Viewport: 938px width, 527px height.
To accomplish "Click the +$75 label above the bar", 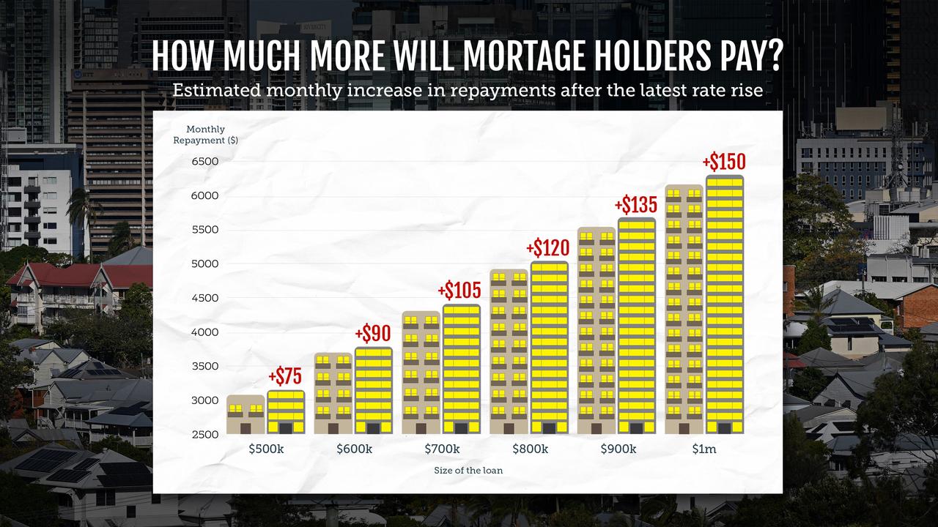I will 285,376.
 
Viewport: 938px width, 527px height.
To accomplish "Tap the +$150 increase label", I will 723,161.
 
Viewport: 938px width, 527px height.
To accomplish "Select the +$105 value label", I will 459,291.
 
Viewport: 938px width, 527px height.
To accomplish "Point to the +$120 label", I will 548,248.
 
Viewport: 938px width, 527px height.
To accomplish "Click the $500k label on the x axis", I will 266,449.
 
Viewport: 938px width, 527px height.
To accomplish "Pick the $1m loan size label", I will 703,449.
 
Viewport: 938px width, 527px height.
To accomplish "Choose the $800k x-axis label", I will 530,449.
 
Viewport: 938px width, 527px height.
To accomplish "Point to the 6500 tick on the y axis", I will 205,161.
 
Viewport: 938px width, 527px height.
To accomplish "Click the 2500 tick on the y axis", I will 205,434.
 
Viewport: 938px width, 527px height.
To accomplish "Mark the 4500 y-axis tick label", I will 205,298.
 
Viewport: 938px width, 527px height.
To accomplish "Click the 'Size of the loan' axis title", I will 468,470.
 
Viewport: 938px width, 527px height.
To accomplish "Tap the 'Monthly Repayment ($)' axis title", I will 205,135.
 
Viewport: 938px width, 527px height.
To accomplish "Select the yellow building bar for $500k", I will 286,412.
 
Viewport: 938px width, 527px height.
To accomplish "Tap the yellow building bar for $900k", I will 637,326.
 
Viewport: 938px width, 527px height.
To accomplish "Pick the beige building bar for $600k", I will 333,394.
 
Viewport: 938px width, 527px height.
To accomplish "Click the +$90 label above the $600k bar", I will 372,334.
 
